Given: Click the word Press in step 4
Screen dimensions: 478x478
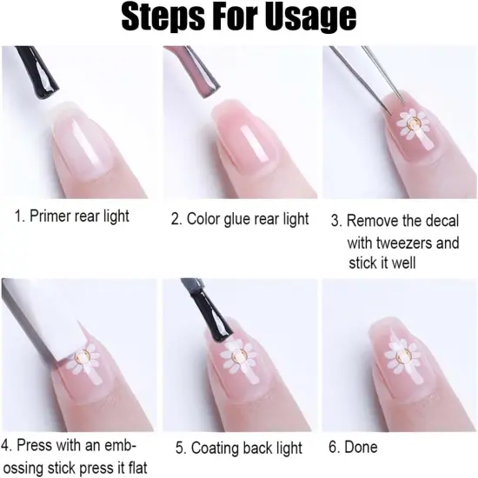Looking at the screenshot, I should pos(34,446).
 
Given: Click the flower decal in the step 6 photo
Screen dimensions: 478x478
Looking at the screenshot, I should pos(402,356).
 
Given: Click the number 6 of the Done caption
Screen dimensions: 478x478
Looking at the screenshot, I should pos(333,448).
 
